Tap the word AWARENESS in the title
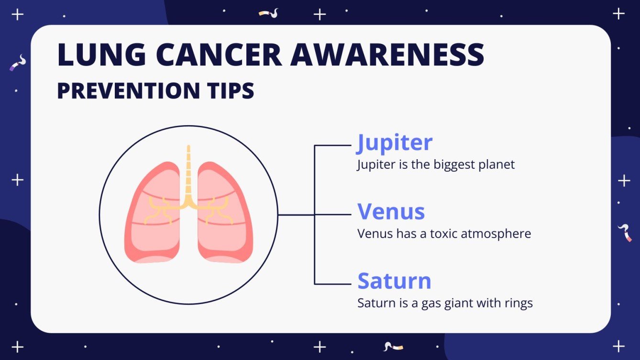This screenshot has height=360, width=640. click(x=387, y=55)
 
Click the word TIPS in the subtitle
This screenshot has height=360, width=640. click(x=230, y=91)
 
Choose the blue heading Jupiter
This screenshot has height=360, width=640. click(x=395, y=142)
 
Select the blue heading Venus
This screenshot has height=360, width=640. click(x=391, y=211)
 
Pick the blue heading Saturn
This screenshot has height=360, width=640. click(x=395, y=281)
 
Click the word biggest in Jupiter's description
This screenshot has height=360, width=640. click(x=455, y=165)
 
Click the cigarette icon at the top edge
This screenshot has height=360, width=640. click(x=268, y=14)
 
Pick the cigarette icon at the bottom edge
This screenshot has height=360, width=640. click(x=393, y=346)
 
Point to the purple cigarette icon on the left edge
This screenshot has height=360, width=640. click(x=18, y=63)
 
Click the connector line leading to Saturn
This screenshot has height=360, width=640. click(x=332, y=284)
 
